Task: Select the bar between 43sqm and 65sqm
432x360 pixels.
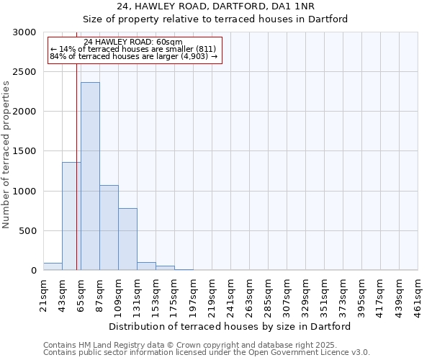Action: click(x=71, y=216)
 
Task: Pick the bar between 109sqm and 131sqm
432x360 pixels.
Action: click(x=127, y=239)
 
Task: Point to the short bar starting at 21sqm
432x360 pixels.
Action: click(x=53, y=266)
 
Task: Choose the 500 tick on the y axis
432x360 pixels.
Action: click(x=29, y=231)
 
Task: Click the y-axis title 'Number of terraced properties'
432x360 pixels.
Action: click(x=6, y=155)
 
